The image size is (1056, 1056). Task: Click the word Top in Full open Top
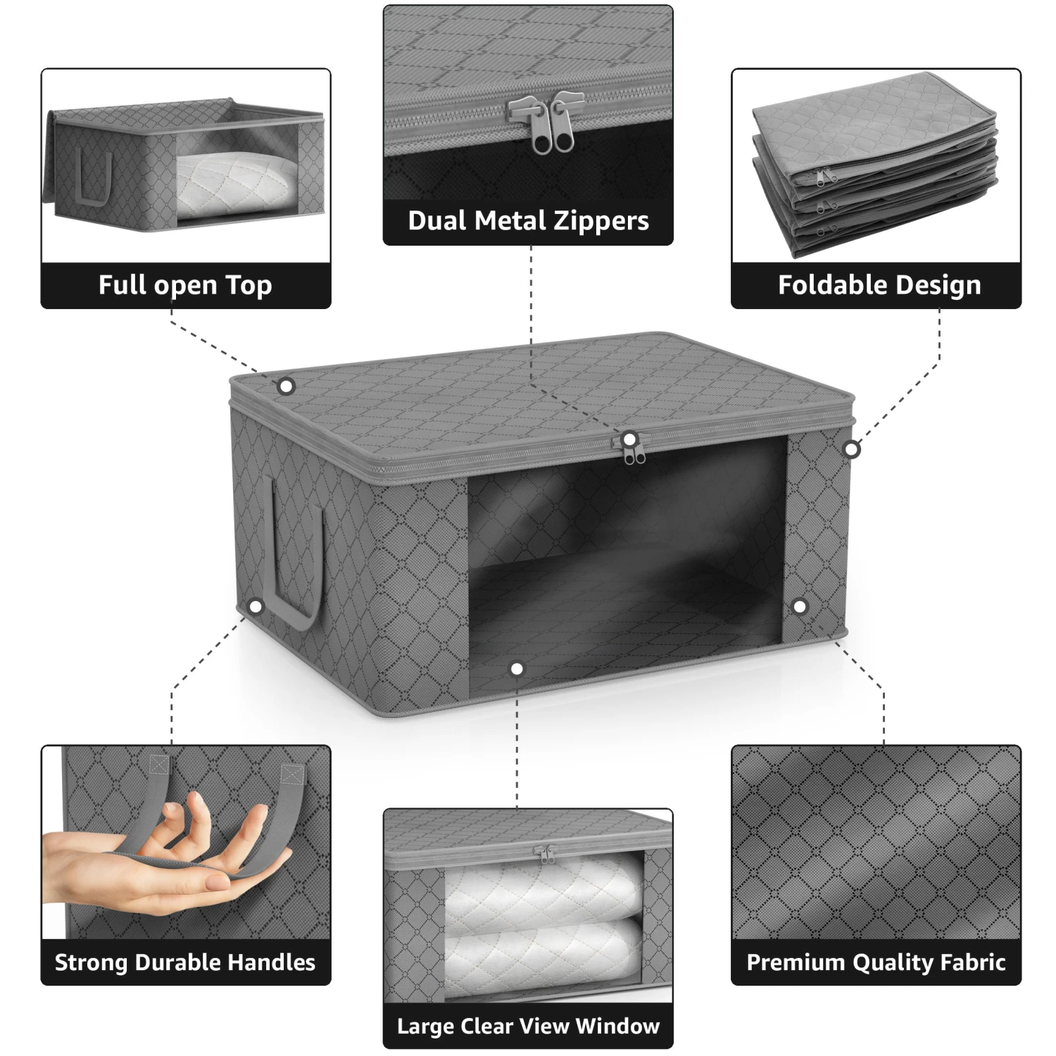249,285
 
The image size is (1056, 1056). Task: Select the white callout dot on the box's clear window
517,669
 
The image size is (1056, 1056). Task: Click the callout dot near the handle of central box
256,606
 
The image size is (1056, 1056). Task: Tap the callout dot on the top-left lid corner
286,386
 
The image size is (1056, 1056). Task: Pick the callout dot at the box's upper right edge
852,448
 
